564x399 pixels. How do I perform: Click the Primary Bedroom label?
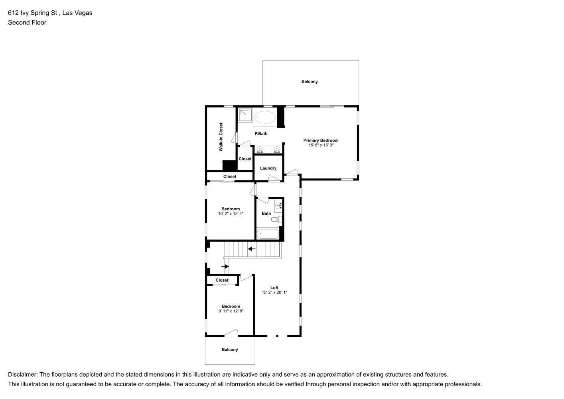coord(321,140)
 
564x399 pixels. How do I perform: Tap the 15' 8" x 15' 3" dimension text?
coord(321,145)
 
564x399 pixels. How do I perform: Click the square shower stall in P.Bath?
coord(245,115)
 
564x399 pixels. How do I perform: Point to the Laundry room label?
coord(268,168)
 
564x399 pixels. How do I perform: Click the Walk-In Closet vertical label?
coord(221,137)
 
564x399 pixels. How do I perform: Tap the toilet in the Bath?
coord(277,219)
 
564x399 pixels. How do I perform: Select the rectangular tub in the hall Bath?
coord(268,234)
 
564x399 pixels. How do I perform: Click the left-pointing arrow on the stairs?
coord(252,249)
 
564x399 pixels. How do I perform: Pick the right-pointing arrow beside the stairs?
coord(225,266)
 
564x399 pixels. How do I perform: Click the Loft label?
coord(274,288)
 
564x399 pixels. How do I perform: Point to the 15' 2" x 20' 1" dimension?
coord(274,292)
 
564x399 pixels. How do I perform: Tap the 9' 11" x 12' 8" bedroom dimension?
coord(231,311)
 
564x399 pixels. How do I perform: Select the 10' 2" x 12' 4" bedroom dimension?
coord(231,214)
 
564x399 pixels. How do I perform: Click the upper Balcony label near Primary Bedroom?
coord(310,81)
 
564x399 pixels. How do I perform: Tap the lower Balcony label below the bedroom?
coord(230,350)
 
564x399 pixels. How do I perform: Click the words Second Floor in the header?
coord(27,22)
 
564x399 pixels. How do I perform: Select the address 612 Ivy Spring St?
coord(34,13)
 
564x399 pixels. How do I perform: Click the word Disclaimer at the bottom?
coord(22,375)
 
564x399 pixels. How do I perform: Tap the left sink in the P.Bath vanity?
coord(260,150)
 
